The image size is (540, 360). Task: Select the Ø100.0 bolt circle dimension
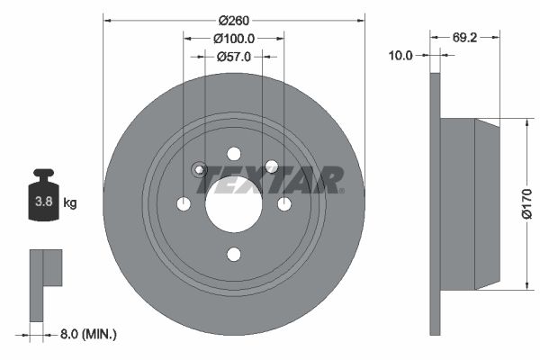point(234,38)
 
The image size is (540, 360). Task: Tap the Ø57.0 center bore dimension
point(234,56)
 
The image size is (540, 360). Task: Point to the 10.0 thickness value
point(400,56)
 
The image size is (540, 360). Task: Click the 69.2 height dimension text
point(464,39)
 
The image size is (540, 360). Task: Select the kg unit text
point(69,202)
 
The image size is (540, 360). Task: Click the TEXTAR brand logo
point(270,178)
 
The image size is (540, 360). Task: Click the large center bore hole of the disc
point(234,204)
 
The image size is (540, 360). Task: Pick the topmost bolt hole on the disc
point(234,154)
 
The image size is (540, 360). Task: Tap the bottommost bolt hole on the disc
point(234,255)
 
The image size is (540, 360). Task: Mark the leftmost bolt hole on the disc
point(184,204)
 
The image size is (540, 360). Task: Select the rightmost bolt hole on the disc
point(284,204)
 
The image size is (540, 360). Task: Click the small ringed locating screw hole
point(200,169)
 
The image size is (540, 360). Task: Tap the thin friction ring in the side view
point(436,204)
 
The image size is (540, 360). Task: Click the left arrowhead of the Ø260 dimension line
point(107,16)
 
